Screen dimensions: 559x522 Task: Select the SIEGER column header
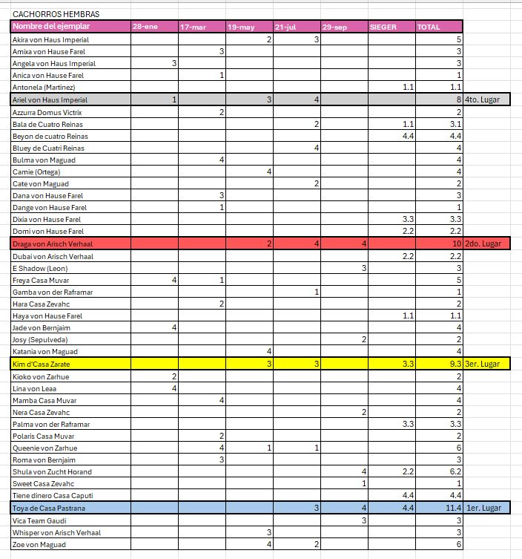383,27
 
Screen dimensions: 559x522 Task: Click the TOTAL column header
429,27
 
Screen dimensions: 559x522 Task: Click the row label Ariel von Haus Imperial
50,99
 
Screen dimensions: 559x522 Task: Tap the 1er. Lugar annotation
484,509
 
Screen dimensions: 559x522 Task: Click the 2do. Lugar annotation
485,243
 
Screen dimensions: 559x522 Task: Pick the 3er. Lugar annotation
485,364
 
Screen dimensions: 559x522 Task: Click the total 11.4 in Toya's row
453,509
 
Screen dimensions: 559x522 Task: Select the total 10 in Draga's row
457,243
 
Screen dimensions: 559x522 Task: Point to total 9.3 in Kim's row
455,364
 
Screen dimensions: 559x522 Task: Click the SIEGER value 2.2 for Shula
407,471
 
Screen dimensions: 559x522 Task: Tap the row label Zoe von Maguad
40,545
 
